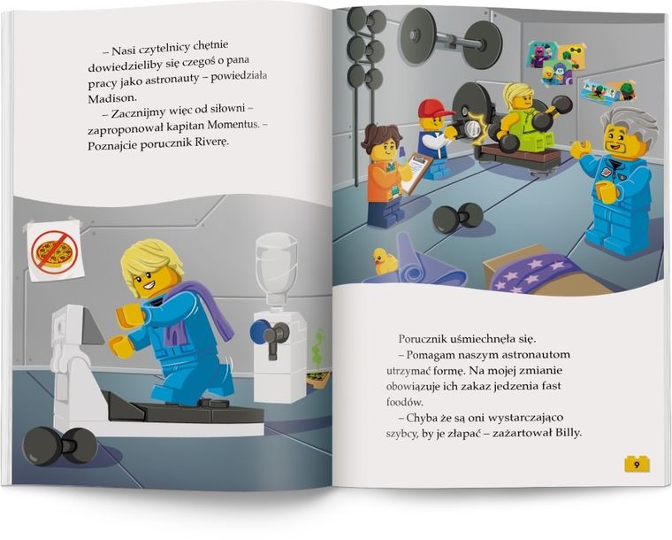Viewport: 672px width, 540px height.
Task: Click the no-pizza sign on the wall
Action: (x=53, y=251)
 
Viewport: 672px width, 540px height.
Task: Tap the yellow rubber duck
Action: (x=386, y=260)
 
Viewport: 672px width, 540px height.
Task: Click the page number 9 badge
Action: (x=637, y=464)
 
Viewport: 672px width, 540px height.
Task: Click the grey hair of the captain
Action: (x=630, y=126)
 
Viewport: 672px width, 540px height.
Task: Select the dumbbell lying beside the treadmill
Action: (x=59, y=444)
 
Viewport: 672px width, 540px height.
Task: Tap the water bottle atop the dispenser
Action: (x=276, y=258)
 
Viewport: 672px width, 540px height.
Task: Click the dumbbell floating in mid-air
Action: (x=457, y=217)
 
